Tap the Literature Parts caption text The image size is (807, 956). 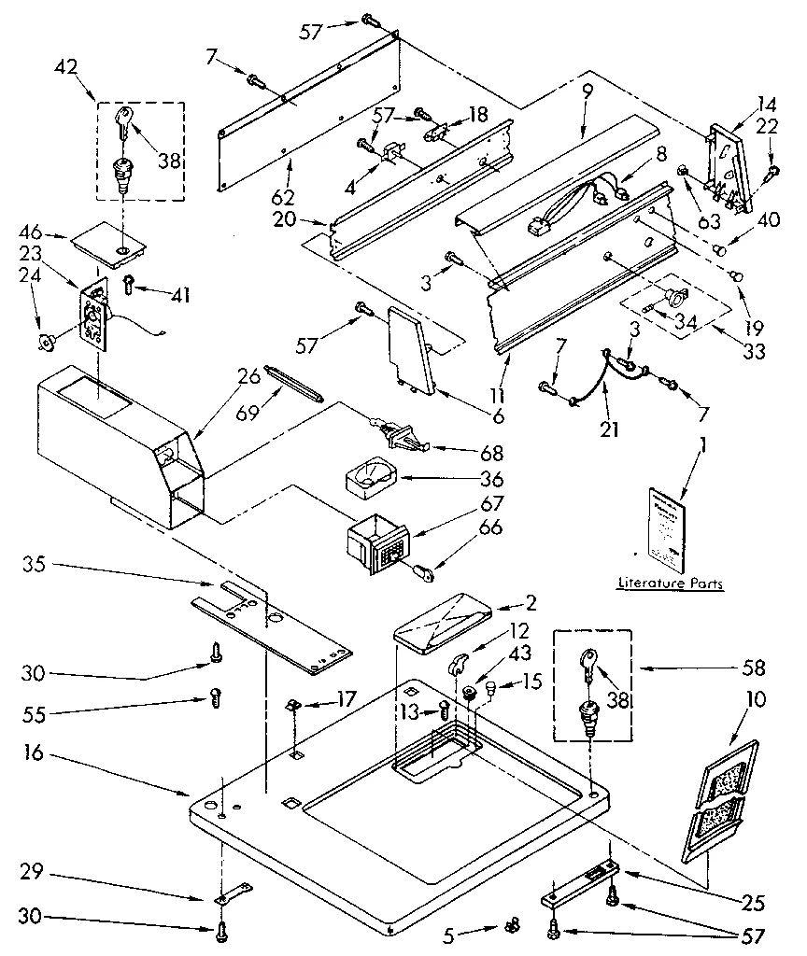pyautogui.click(x=670, y=583)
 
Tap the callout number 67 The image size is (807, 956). pyautogui.click(x=490, y=504)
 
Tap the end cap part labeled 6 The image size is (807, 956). pyautogui.click(x=409, y=350)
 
